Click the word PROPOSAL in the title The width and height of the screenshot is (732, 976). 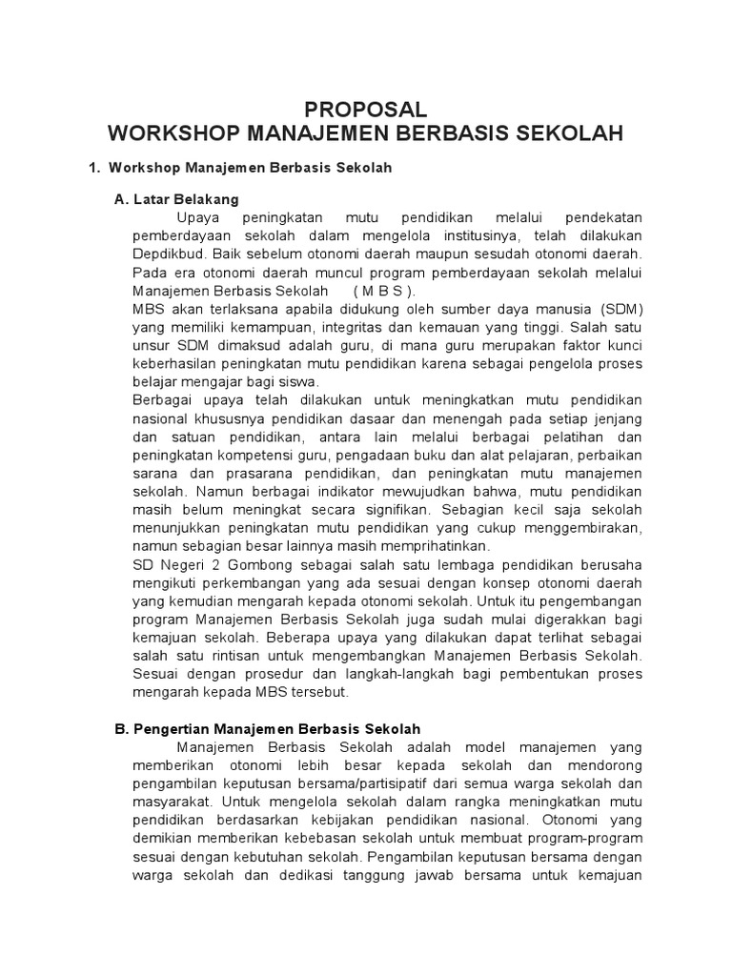[x=365, y=109]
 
